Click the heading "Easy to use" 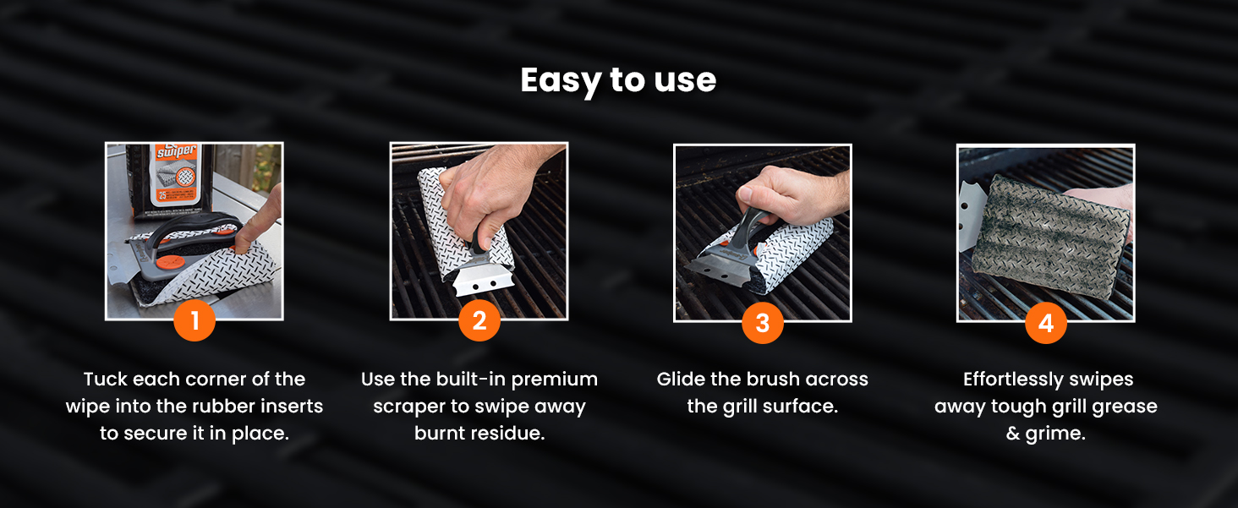tap(618, 80)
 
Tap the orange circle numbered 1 tap(194, 320)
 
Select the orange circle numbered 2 tap(479, 320)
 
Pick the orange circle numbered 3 tap(763, 323)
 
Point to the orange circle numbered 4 tap(1046, 323)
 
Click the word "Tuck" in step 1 tap(105, 380)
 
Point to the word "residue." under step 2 tap(511, 434)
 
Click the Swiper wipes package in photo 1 tap(167, 179)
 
